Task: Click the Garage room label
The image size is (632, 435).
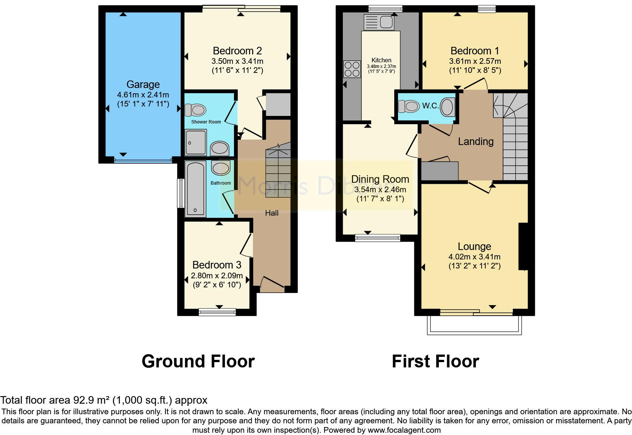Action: (x=143, y=84)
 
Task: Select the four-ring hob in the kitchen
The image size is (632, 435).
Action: (x=352, y=69)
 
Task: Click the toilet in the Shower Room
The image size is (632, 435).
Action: (x=195, y=110)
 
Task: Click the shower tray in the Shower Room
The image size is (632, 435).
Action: (x=196, y=142)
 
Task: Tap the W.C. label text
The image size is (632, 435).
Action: (x=430, y=106)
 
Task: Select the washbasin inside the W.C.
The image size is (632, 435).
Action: (x=447, y=106)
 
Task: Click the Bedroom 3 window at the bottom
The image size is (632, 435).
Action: (x=217, y=312)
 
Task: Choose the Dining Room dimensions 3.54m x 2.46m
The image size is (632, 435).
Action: (x=380, y=190)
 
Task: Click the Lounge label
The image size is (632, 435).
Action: (x=474, y=246)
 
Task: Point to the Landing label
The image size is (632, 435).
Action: (x=476, y=142)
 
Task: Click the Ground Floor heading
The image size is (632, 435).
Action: (x=198, y=361)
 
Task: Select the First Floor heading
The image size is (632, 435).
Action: (x=435, y=361)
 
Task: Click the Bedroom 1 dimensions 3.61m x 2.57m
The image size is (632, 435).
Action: (x=475, y=61)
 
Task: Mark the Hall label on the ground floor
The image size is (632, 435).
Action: (x=271, y=213)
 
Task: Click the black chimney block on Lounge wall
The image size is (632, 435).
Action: (x=523, y=246)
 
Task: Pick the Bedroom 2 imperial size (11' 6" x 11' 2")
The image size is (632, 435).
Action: (x=237, y=70)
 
